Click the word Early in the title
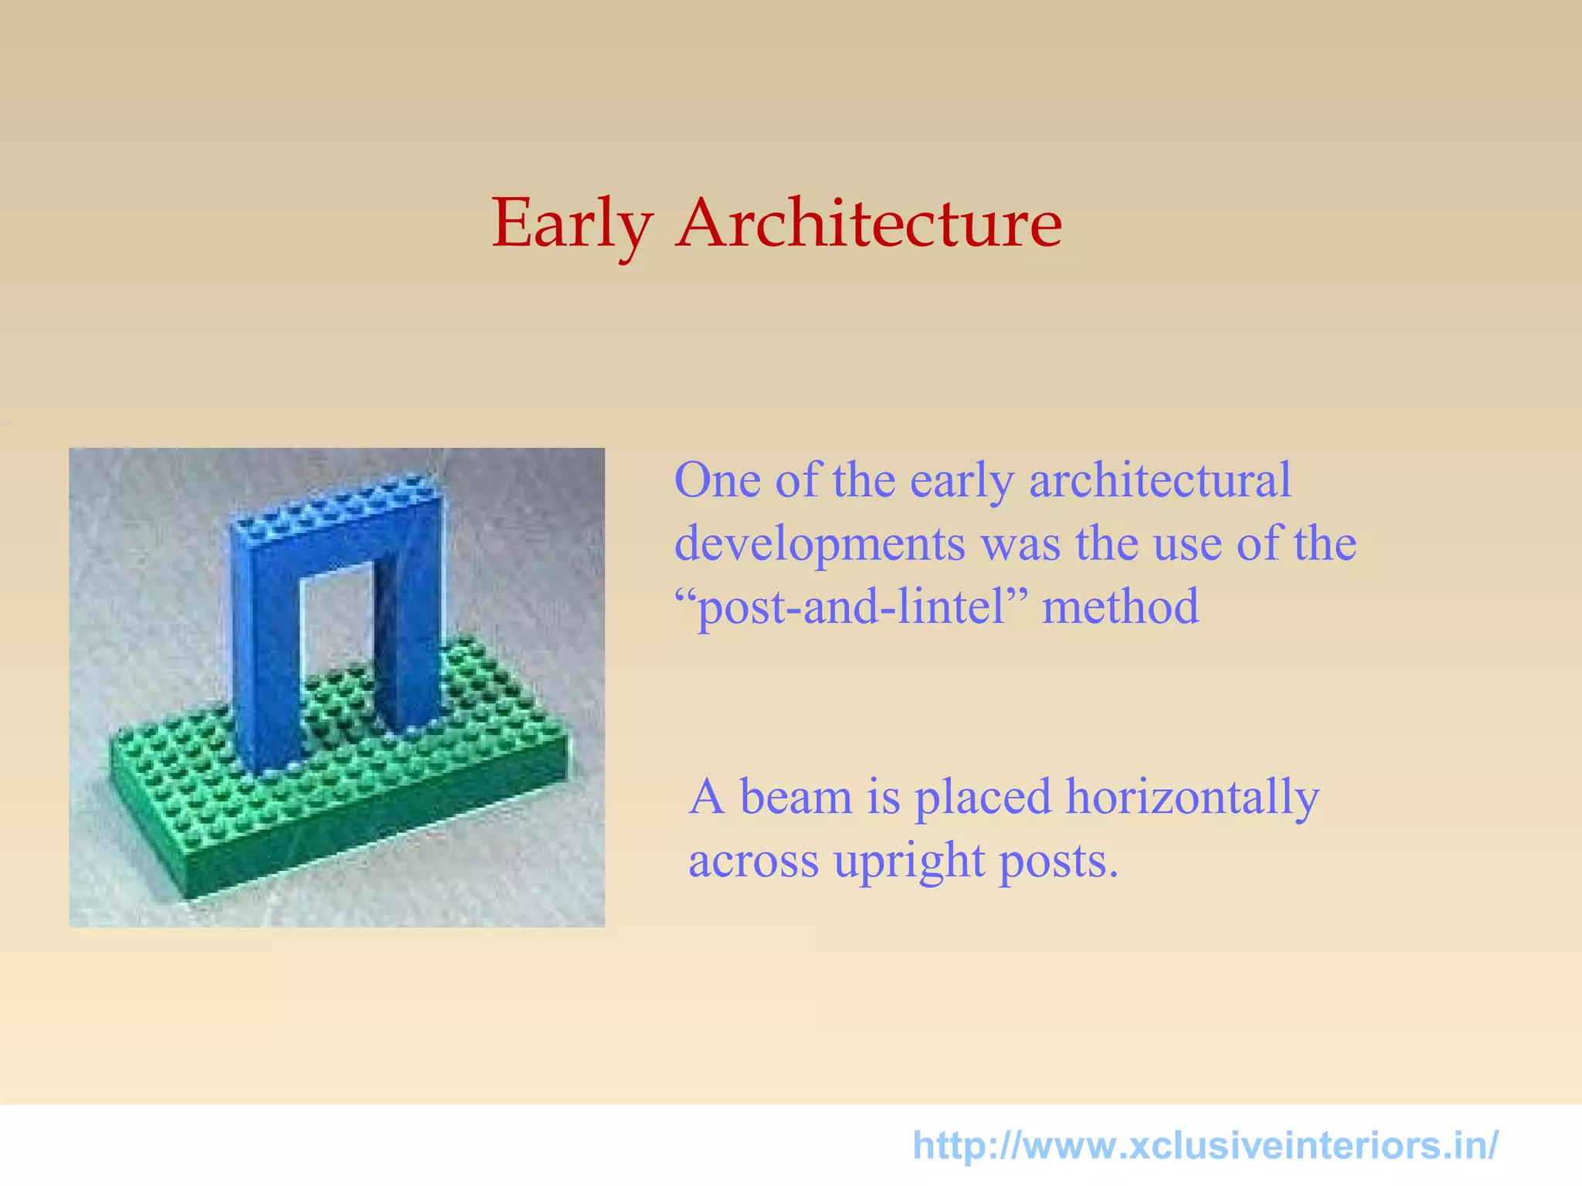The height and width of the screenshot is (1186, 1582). point(572,224)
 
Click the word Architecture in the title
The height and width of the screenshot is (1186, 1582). point(869,224)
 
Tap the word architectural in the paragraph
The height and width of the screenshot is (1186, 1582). point(1159,480)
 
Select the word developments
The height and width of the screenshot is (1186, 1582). point(820,544)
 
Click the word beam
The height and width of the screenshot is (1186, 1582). point(795,797)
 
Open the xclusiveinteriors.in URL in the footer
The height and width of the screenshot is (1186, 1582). point(1205,1146)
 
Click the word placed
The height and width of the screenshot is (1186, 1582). point(983,797)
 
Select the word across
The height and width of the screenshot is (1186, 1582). point(753,862)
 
